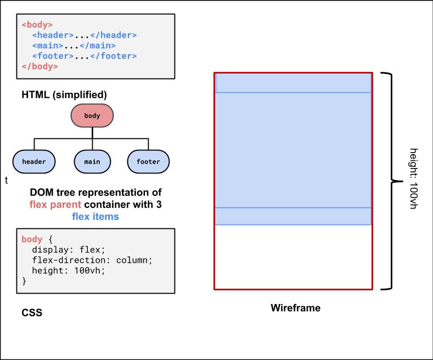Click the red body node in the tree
[92, 116]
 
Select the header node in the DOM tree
[34, 161]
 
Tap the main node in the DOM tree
[92, 161]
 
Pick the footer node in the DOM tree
[148, 161]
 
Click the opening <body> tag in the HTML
[37, 25]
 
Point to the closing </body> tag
[40, 66]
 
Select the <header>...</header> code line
[84, 35]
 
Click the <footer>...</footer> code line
[84, 56]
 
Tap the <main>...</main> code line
[74, 46]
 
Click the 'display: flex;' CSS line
[68, 250]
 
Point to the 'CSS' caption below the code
[32, 313]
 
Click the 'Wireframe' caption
[295, 308]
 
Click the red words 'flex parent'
[55, 205]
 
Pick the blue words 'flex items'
[95, 217]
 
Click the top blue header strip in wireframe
[293, 83]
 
